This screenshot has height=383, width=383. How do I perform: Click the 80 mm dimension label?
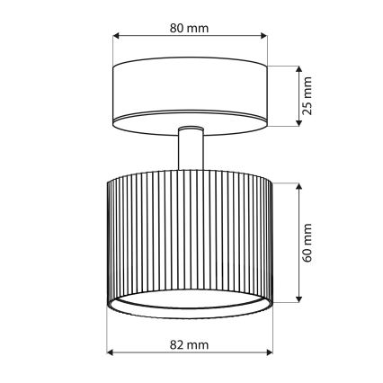pos(189,28)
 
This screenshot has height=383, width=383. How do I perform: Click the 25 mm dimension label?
pos(307,95)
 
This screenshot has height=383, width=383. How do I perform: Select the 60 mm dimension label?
pos(307,243)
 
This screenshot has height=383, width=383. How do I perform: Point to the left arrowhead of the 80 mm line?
pos(116,38)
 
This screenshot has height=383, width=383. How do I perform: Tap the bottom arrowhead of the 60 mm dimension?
pos(298,302)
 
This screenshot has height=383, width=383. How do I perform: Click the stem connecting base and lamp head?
pos(190,147)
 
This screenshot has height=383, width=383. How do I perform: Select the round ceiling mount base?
pos(190,90)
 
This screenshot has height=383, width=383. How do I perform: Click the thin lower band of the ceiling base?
pos(190,121)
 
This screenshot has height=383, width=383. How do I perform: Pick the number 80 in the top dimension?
pos(179,28)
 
